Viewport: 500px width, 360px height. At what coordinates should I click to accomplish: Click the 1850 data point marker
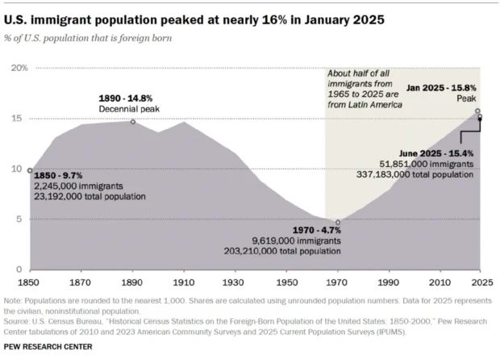[x=30, y=170]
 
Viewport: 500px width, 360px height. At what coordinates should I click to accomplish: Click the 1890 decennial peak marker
[x=133, y=122]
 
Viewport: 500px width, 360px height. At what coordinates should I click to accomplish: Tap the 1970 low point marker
[x=338, y=223]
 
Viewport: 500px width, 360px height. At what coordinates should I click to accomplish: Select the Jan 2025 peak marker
[x=477, y=111]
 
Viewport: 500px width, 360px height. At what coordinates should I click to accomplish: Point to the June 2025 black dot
[x=480, y=118]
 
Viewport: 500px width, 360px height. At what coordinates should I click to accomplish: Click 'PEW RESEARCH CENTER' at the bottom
[x=49, y=346]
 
